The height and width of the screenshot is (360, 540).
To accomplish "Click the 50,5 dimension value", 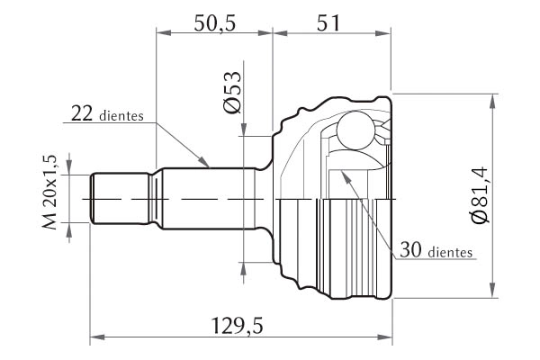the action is tap(214, 23).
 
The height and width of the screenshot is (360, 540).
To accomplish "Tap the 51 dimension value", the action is tap(328, 22).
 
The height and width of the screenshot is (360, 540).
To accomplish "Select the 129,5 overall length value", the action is tap(237, 326).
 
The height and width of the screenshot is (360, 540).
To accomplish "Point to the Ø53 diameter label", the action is tap(232, 92).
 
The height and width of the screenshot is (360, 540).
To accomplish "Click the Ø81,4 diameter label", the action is tap(479, 195).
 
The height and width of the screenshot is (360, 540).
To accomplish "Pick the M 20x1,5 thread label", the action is tap(49, 193).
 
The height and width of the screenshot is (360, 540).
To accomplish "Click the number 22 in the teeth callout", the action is tap(82, 113).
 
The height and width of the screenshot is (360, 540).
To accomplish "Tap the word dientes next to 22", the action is tap(121, 116).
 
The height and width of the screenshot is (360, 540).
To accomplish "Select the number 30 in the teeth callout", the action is tap(410, 250).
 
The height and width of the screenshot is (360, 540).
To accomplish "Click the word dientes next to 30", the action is tap(450, 253).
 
